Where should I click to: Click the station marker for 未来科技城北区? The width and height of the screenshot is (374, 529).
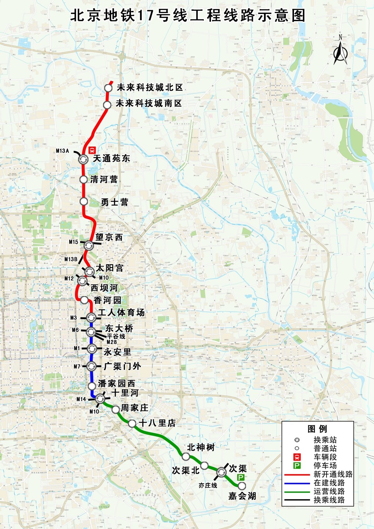click(x=108, y=88)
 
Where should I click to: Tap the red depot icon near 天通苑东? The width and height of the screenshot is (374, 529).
click(x=92, y=150)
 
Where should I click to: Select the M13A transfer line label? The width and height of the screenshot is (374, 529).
click(x=62, y=151)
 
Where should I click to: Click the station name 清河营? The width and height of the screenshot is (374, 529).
click(x=104, y=179)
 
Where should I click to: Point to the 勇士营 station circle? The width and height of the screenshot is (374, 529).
click(x=84, y=202)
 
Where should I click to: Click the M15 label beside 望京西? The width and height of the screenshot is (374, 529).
click(x=73, y=242)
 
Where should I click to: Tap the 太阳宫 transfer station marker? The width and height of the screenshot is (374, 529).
click(x=89, y=271)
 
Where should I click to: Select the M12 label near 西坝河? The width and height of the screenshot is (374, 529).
click(x=69, y=279)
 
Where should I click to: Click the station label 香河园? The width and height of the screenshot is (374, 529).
click(x=107, y=300)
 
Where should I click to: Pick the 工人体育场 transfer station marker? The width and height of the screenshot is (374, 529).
click(x=91, y=317)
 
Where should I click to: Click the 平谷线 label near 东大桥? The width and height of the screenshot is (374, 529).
click(x=116, y=336)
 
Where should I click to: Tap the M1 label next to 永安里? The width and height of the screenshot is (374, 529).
click(x=77, y=348)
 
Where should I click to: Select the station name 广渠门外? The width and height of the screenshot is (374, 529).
click(x=122, y=366)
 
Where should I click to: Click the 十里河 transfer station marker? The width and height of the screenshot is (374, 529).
click(x=100, y=399)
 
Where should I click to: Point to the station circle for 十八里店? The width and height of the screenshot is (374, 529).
click(x=132, y=423)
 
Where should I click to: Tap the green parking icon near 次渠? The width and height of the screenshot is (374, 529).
click(x=241, y=477)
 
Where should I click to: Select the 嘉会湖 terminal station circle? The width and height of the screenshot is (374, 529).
click(x=242, y=486)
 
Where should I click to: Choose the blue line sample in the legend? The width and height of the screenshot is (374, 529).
click(x=297, y=483)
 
